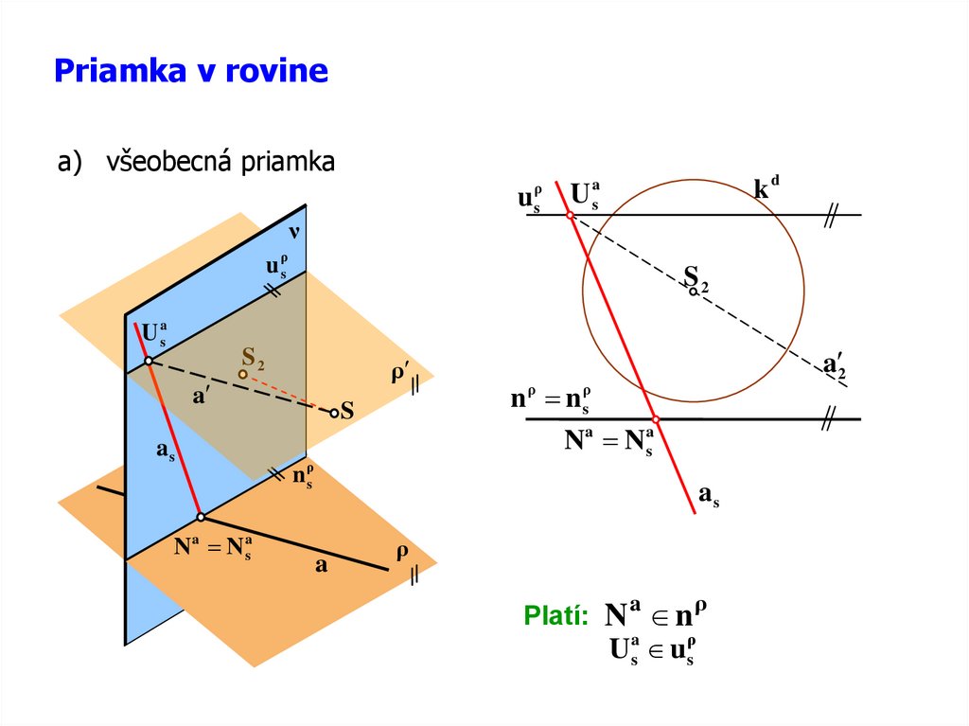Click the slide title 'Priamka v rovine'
pyautogui.click(x=191, y=71)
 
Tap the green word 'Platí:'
pyautogui.click(x=555, y=617)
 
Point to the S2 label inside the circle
pyautogui.click(x=696, y=276)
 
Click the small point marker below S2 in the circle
pyautogui.click(x=694, y=292)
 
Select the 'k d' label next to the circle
pyautogui.click(x=766, y=188)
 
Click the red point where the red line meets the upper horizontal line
pyautogui.click(x=571, y=215)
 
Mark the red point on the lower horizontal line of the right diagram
pyautogui.click(x=655, y=418)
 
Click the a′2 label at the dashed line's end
pyautogui.click(x=834, y=365)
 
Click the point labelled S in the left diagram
pyautogui.click(x=334, y=412)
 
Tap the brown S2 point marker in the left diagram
pyautogui.click(x=243, y=375)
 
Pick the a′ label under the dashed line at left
pyautogui.click(x=201, y=398)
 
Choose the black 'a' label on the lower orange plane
pyautogui.click(x=321, y=566)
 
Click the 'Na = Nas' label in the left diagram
pyautogui.click(x=212, y=547)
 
